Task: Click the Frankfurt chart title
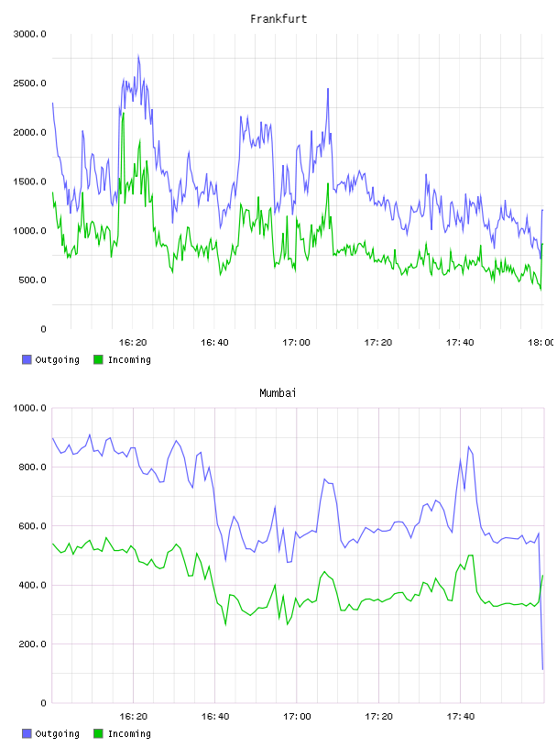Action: [x=278, y=19]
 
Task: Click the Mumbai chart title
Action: [x=278, y=393]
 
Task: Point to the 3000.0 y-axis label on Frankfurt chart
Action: [x=29, y=34]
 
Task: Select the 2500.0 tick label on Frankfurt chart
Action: [x=29, y=83]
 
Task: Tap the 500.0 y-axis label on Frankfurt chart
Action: [x=32, y=280]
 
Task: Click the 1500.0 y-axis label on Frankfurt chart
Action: [x=29, y=181]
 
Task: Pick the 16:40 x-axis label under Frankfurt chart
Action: [x=214, y=342]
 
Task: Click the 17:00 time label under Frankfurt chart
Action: [x=296, y=342]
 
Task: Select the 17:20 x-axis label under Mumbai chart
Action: [x=378, y=716]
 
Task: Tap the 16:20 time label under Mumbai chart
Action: [x=133, y=716]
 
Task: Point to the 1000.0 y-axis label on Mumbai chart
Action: [x=29, y=408]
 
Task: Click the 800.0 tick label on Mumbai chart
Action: [x=32, y=467]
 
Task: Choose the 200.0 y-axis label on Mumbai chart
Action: [x=32, y=644]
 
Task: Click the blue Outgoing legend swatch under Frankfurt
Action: [x=27, y=359]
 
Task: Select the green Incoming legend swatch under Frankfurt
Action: [x=98, y=359]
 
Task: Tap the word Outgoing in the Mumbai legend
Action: [x=57, y=733]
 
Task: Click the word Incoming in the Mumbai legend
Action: [x=129, y=733]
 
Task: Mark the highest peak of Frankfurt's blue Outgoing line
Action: [x=138, y=55]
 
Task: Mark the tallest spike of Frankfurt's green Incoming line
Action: [x=124, y=113]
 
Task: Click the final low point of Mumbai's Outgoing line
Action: [x=542, y=669]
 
